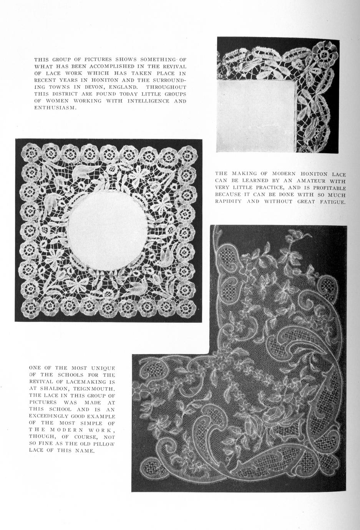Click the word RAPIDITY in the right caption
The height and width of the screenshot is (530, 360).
pos(228,202)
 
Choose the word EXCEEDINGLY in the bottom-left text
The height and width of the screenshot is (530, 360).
pos(50,416)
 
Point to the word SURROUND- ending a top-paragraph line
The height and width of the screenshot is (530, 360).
pos(170,80)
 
